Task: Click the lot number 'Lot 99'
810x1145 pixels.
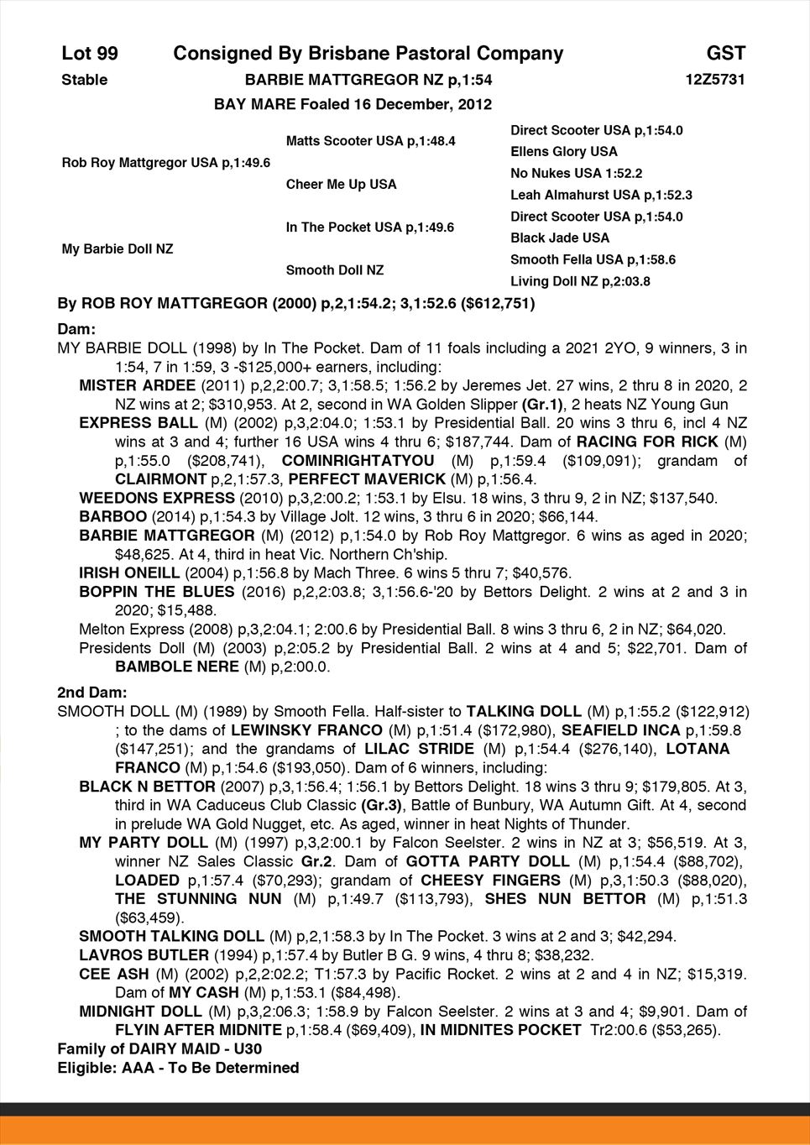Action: (x=90, y=54)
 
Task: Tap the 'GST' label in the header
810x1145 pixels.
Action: (x=725, y=54)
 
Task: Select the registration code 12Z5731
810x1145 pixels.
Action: (x=715, y=80)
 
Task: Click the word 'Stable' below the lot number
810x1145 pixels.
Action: (x=85, y=80)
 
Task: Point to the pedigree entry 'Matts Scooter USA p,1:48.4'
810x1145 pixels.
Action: (x=370, y=141)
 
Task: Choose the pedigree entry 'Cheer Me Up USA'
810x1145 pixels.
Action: (x=341, y=184)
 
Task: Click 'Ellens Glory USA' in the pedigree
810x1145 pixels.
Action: (x=563, y=152)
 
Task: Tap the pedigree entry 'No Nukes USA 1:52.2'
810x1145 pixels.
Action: (x=576, y=174)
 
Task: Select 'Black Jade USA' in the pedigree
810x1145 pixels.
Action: (x=560, y=238)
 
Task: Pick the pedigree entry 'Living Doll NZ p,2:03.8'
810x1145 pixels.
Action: (x=580, y=281)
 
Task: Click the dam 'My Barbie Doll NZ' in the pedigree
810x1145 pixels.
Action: (x=118, y=249)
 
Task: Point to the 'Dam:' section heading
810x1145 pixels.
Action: (x=76, y=329)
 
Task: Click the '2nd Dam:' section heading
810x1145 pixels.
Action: (x=91, y=693)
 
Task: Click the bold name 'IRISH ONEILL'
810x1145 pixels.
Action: (x=129, y=573)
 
